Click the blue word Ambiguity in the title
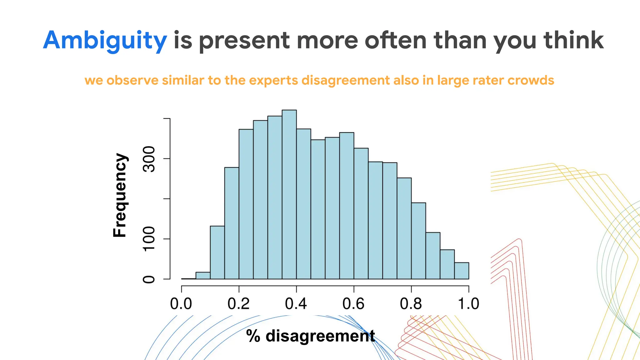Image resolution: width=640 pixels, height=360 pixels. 105,41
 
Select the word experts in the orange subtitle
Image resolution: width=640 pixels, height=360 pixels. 273,80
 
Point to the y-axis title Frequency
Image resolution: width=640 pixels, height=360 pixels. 120,195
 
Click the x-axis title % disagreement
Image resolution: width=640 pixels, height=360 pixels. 310,336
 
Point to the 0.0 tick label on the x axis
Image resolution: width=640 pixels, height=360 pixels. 181,304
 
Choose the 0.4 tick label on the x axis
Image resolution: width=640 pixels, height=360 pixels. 296,304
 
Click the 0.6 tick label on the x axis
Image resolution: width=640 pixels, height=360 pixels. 353,304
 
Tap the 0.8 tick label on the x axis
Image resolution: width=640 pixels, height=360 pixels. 411,304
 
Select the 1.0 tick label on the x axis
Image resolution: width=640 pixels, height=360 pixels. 468,304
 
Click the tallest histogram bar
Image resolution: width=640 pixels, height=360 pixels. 289,194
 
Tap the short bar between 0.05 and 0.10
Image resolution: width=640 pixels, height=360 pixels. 203,276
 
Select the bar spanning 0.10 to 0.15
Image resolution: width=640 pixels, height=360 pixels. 217,252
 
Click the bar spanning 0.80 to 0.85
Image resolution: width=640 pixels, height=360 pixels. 418,241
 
